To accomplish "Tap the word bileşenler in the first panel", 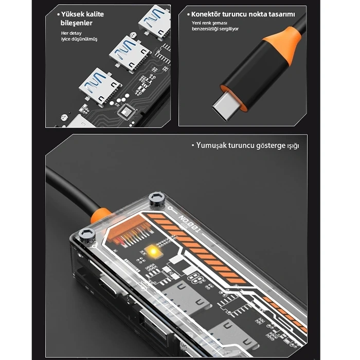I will click(78, 23).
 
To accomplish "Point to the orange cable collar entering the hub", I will click(100, 212).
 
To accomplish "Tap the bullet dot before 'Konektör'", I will click(187, 14).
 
